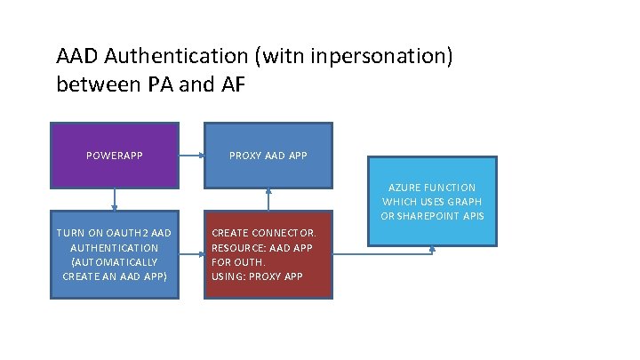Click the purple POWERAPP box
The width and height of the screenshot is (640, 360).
tap(115, 156)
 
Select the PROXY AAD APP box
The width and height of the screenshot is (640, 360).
tap(268, 156)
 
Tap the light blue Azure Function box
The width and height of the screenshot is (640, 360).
tap(432, 201)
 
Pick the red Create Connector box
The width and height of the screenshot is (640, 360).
tap(268, 254)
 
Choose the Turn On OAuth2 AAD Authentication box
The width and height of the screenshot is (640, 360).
tap(115, 254)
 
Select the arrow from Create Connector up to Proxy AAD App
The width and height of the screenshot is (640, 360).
tap(268, 200)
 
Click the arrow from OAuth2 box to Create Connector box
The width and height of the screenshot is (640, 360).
tap(191, 254)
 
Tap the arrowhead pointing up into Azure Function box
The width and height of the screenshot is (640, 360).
tap(433, 250)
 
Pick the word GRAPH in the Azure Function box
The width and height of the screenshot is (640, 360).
tap(476, 202)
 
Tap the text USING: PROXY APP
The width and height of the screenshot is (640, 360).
tap(257, 276)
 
